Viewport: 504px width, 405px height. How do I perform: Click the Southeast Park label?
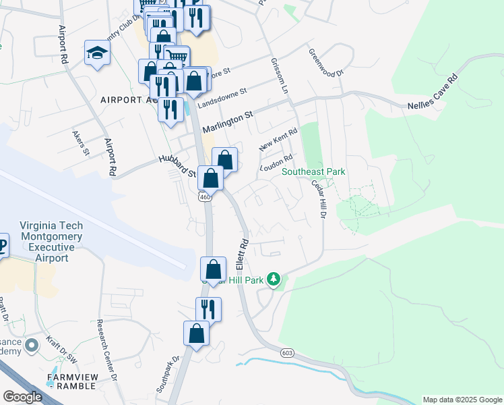pyautogui.click(x=313, y=172)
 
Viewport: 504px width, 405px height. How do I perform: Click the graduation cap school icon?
pyautogui.click(x=98, y=53)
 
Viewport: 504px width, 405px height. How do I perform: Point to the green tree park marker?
pyautogui.click(x=273, y=279)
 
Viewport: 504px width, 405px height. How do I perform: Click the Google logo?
pyautogui.click(x=22, y=397)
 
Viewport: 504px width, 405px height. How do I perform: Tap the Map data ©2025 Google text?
pyautogui.click(x=462, y=400)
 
